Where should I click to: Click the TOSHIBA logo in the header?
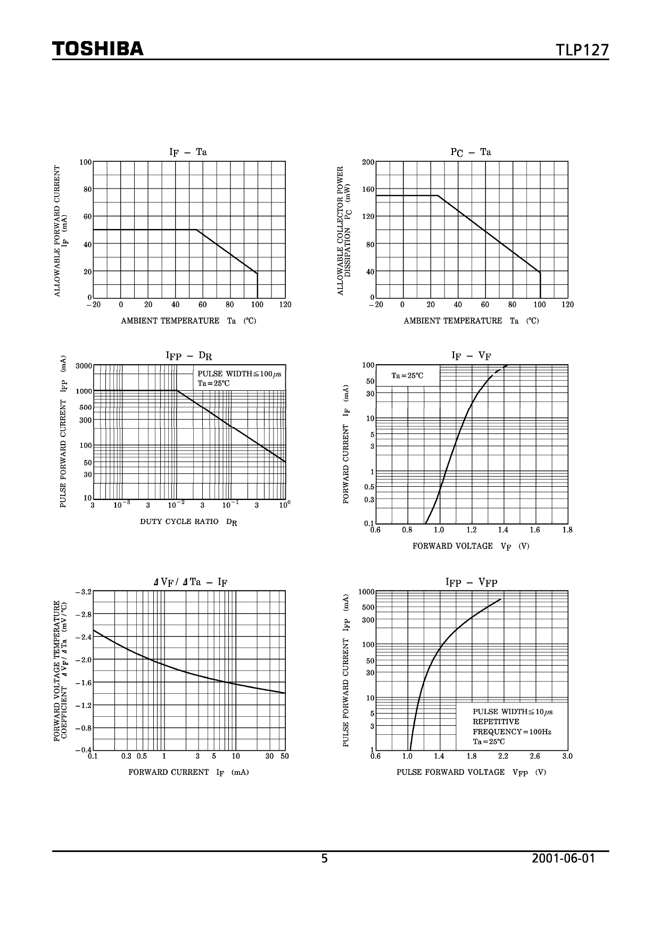(98, 49)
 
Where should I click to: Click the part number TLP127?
(582, 50)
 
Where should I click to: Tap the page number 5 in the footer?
(325, 858)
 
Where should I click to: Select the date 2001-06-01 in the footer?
(563, 858)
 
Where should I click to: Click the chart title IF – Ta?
(188, 152)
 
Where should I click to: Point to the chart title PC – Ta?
(471, 152)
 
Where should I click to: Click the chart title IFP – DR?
(189, 356)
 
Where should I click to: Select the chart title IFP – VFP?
(471, 582)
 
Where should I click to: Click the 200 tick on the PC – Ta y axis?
(368, 162)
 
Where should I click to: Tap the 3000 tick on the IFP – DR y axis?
(84, 366)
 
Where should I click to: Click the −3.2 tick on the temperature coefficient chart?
(84, 592)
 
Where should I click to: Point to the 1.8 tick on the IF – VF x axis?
(567, 530)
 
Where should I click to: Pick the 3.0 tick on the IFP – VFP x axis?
(567, 756)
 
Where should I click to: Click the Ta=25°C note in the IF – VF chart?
(407, 376)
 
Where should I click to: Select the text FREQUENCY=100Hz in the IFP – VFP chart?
(511, 732)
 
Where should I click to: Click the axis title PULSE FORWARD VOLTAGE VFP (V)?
(471, 772)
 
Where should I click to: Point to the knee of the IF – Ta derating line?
(196, 230)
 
